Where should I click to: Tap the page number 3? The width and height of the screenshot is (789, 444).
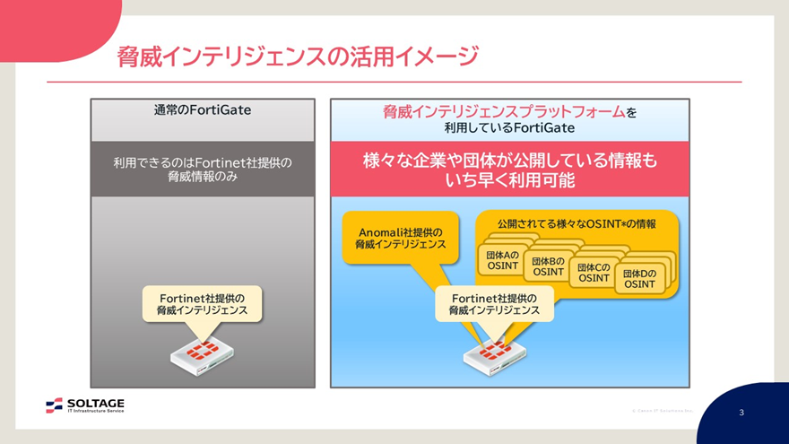point(741,413)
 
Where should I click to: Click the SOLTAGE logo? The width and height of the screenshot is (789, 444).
point(85,405)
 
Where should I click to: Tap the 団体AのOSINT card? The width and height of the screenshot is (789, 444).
point(502,260)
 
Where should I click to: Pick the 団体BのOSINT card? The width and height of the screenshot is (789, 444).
point(548,266)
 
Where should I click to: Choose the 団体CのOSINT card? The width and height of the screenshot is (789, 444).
point(594,273)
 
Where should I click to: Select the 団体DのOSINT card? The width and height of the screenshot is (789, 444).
point(639,279)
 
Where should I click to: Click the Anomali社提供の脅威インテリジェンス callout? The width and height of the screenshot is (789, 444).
point(399,238)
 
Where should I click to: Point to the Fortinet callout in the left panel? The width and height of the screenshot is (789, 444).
point(203,304)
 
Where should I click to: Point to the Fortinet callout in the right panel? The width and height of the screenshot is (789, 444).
point(495,304)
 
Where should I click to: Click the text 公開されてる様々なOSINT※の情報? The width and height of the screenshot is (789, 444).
point(577,223)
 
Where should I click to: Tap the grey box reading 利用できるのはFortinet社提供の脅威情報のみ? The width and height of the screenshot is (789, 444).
point(203,169)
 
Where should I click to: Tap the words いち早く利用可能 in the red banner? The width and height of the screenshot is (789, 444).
point(509,181)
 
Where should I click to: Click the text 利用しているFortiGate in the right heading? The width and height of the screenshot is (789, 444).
point(509,128)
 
